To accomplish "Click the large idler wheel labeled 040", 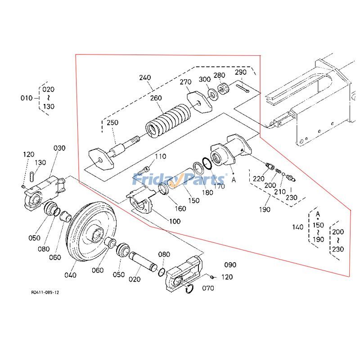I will point(92,234).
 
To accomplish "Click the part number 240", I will point(145,77).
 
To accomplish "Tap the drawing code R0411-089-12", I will point(45,292).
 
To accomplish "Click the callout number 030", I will point(59,148).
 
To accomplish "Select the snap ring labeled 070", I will point(190,290).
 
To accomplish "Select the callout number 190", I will point(265,209).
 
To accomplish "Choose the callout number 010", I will point(27,98).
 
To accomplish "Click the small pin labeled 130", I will point(32,176).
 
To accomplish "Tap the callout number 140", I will point(298,227).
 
